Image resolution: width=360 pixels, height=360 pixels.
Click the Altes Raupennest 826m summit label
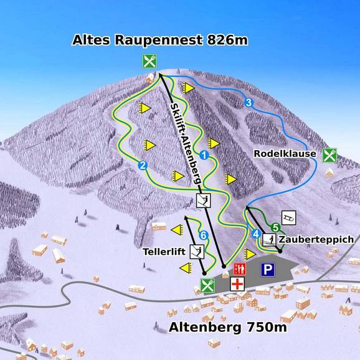(160, 41)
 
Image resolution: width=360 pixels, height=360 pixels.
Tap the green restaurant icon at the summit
(149, 61)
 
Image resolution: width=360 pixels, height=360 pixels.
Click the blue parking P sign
(268, 269)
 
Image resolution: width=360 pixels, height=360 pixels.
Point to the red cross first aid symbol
(237, 283)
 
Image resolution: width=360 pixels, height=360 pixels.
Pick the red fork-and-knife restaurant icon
(237, 269)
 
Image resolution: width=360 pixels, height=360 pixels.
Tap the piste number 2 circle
(143, 165)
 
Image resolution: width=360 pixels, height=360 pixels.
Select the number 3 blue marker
(248, 103)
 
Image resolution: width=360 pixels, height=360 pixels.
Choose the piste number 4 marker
(255, 234)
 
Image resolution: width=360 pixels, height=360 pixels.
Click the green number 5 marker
(275, 227)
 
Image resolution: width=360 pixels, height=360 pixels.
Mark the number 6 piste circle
(203, 235)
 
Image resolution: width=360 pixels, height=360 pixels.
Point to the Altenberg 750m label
(228, 327)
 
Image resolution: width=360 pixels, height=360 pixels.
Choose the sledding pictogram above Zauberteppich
(289, 217)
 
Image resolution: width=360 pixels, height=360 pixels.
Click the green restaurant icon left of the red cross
(207, 286)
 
